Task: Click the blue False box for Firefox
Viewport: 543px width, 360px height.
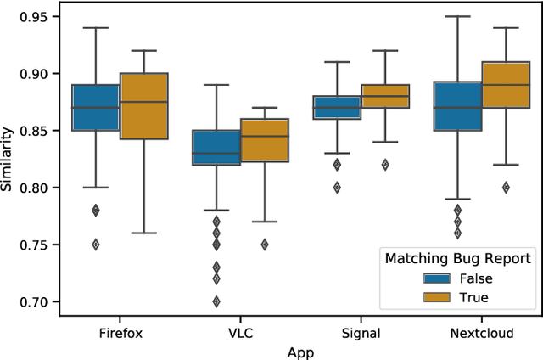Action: coord(95,107)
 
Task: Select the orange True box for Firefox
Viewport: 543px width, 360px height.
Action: coord(144,106)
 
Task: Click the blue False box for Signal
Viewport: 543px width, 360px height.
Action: coord(337,107)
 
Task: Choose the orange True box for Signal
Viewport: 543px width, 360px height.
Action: coord(385,97)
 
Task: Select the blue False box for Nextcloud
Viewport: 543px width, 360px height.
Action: coord(457,106)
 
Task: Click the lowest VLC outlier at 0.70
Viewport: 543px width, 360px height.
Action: coord(216,301)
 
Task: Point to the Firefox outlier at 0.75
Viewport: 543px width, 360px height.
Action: coord(96,245)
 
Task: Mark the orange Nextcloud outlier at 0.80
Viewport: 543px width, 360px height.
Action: coord(506,188)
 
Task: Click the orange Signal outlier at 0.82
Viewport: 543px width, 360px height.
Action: coord(385,165)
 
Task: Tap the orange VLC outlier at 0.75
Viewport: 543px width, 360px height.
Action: coord(265,245)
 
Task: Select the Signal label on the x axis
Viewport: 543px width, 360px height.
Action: coord(361,334)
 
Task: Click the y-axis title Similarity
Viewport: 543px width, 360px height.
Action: coord(8,159)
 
